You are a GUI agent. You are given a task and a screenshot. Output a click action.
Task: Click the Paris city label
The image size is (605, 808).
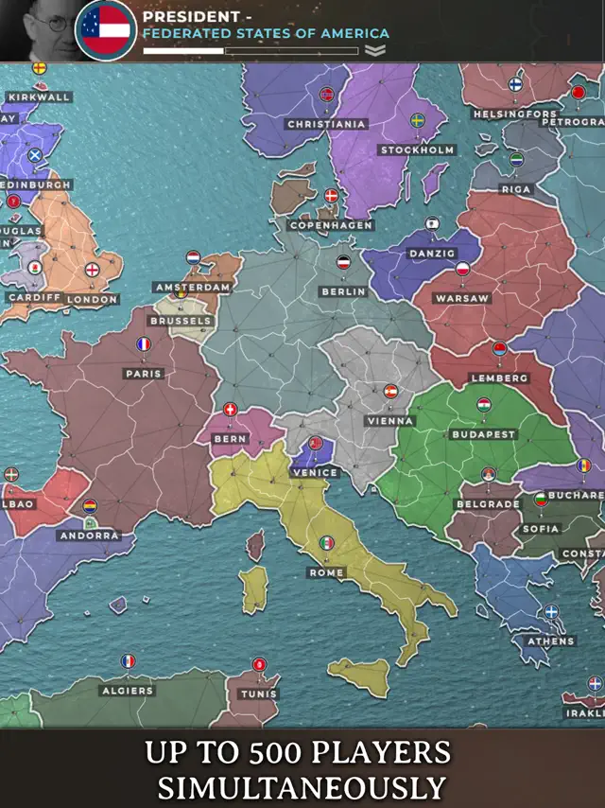tap(144, 374)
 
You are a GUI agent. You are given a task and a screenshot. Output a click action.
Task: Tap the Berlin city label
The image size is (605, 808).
tap(343, 292)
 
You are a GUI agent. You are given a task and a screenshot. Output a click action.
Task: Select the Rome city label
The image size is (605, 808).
tap(326, 573)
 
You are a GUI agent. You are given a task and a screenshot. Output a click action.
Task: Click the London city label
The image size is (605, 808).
tap(93, 299)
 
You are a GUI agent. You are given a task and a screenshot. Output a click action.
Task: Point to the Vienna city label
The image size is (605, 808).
tap(390, 421)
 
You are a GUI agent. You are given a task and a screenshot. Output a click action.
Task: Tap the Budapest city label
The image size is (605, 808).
tap(483, 434)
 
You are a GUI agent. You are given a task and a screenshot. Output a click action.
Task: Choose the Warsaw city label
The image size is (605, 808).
tap(462, 298)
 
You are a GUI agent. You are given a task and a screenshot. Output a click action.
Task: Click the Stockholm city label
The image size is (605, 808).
tap(417, 150)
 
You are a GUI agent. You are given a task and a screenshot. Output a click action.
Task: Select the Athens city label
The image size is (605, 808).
tap(550, 641)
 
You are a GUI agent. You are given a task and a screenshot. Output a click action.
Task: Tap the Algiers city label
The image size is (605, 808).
tap(127, 691)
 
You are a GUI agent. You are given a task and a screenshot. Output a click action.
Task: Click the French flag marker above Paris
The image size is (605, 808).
tap(144, 345)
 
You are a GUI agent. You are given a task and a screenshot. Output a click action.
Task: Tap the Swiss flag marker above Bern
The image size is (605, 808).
tap(231, 410)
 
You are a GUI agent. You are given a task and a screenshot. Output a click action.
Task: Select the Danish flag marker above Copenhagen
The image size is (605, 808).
tap(331, 196)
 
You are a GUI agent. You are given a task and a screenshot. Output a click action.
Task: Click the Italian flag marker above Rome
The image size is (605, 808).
tap(326, 543)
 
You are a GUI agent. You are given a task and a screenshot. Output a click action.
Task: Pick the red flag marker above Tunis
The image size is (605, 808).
tap(259, 664)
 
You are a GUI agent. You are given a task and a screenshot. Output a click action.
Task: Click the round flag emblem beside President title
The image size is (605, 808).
tap(106, 29)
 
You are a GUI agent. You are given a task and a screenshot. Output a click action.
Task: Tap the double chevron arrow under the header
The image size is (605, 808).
tap(375, 51)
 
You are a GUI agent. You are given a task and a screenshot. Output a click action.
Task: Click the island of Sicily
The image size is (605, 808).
tap(359, 674)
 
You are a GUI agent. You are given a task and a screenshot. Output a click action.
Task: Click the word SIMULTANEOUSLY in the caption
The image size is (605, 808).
tap(302, 787)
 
